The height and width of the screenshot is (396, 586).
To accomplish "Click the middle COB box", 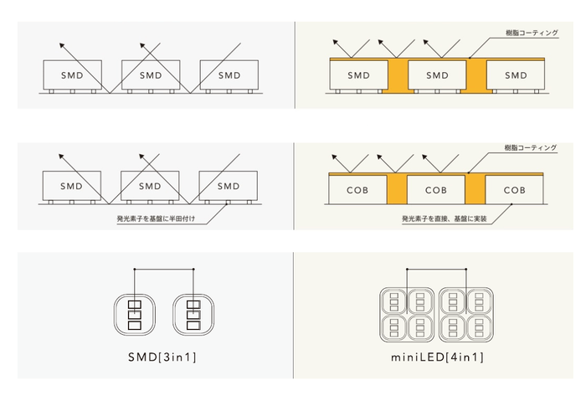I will pyautogui.click(x=437, y=189).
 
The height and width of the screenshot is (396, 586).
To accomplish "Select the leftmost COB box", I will pyautogui.click(x=358, y=189).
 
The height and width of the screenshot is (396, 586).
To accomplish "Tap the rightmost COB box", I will pyautogui.click(x=516, y=189).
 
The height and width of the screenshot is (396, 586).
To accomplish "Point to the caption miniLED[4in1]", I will pyautogui.click(x=436, y=357).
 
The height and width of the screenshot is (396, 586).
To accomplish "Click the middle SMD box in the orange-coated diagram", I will pyautogui.click(x=437, y=75).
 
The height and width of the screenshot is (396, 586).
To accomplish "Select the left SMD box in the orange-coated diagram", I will pyautogui.click(x=358, y=75).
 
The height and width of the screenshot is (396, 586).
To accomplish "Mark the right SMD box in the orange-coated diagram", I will pyautogui.click(x=516, y=75).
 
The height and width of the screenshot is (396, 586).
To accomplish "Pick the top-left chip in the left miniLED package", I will pyautogui.click(x=393, y=300).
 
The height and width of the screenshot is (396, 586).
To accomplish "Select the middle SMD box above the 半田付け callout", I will pyautogui.click(x=150, y=186).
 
